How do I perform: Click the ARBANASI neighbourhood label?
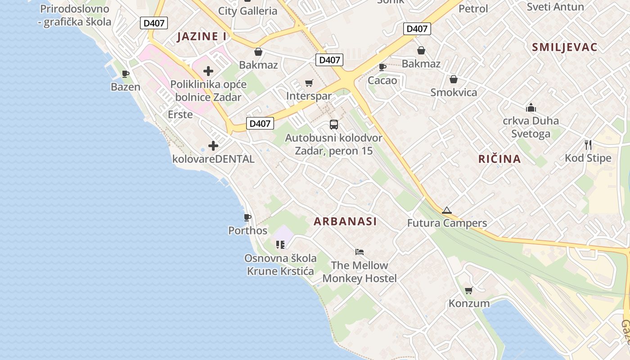click(x=345, y=221)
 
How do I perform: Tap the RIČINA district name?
click(x=499, y=159)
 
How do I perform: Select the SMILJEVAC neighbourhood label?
click(x=564, y=47)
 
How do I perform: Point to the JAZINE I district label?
click(x=202, y=36)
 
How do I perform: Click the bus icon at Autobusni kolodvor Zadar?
click(x=334, y=125)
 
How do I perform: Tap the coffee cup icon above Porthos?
click(x=247, y=218)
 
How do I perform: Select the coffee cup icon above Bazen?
click(x=126, y=74)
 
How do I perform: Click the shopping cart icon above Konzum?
click(x=468, y=290)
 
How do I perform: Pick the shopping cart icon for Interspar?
click(x=309, y=83)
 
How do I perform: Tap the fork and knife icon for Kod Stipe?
click(x=588, y=144)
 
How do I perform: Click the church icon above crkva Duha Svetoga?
click(x=531, y=108)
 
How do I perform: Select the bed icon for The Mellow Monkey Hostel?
click(x=359, y=252)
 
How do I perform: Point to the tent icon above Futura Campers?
click(x=446, y=210)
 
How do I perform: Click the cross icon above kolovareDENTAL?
click(x=213, y=146)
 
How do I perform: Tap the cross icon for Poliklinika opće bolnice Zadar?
click(x=208, y=71)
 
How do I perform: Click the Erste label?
click(x=180, y=114)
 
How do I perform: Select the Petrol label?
click(x=473, y=9)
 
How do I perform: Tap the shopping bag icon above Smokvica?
click(x=453, y=79)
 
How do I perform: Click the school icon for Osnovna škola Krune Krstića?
click(x=280, y=245)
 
